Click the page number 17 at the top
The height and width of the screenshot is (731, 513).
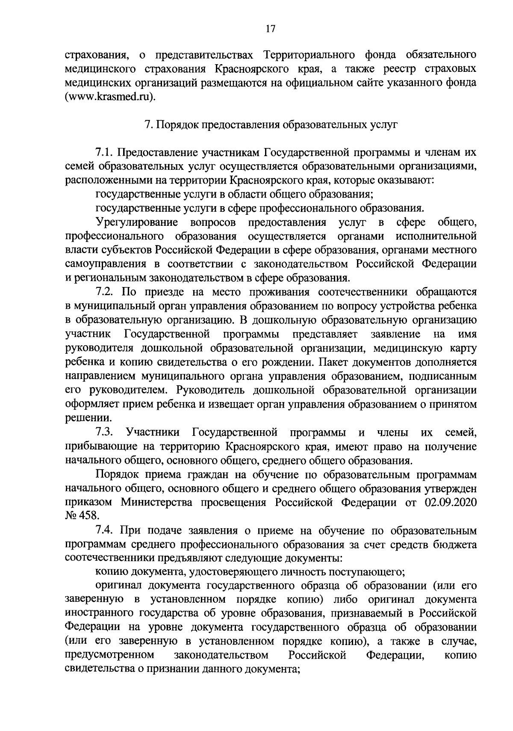click(x=271, y=29)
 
